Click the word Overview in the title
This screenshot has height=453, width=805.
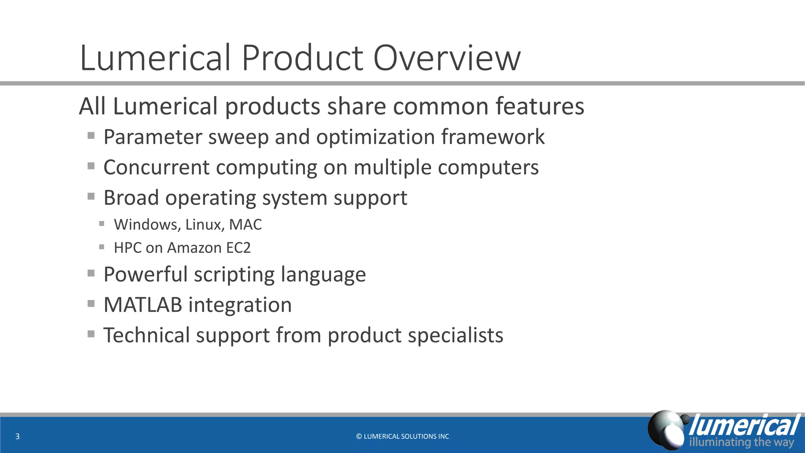(x=447, y=58)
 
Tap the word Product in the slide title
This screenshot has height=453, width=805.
(x=302, y=58)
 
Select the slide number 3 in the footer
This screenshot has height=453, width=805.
(x=17, y=436)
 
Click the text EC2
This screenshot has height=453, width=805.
(x=238, y=248)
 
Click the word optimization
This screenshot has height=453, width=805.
(x=375, y=137)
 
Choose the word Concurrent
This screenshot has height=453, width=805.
(x=156, y=167)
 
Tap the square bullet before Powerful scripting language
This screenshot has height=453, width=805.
(x=91, y=273)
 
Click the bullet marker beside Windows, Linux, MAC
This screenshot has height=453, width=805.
(x=102, y=224)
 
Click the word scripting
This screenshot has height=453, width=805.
(x=234, y=274)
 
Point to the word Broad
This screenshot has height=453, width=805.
(x=131, y=197)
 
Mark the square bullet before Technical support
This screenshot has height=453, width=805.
(x=91, y=334)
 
